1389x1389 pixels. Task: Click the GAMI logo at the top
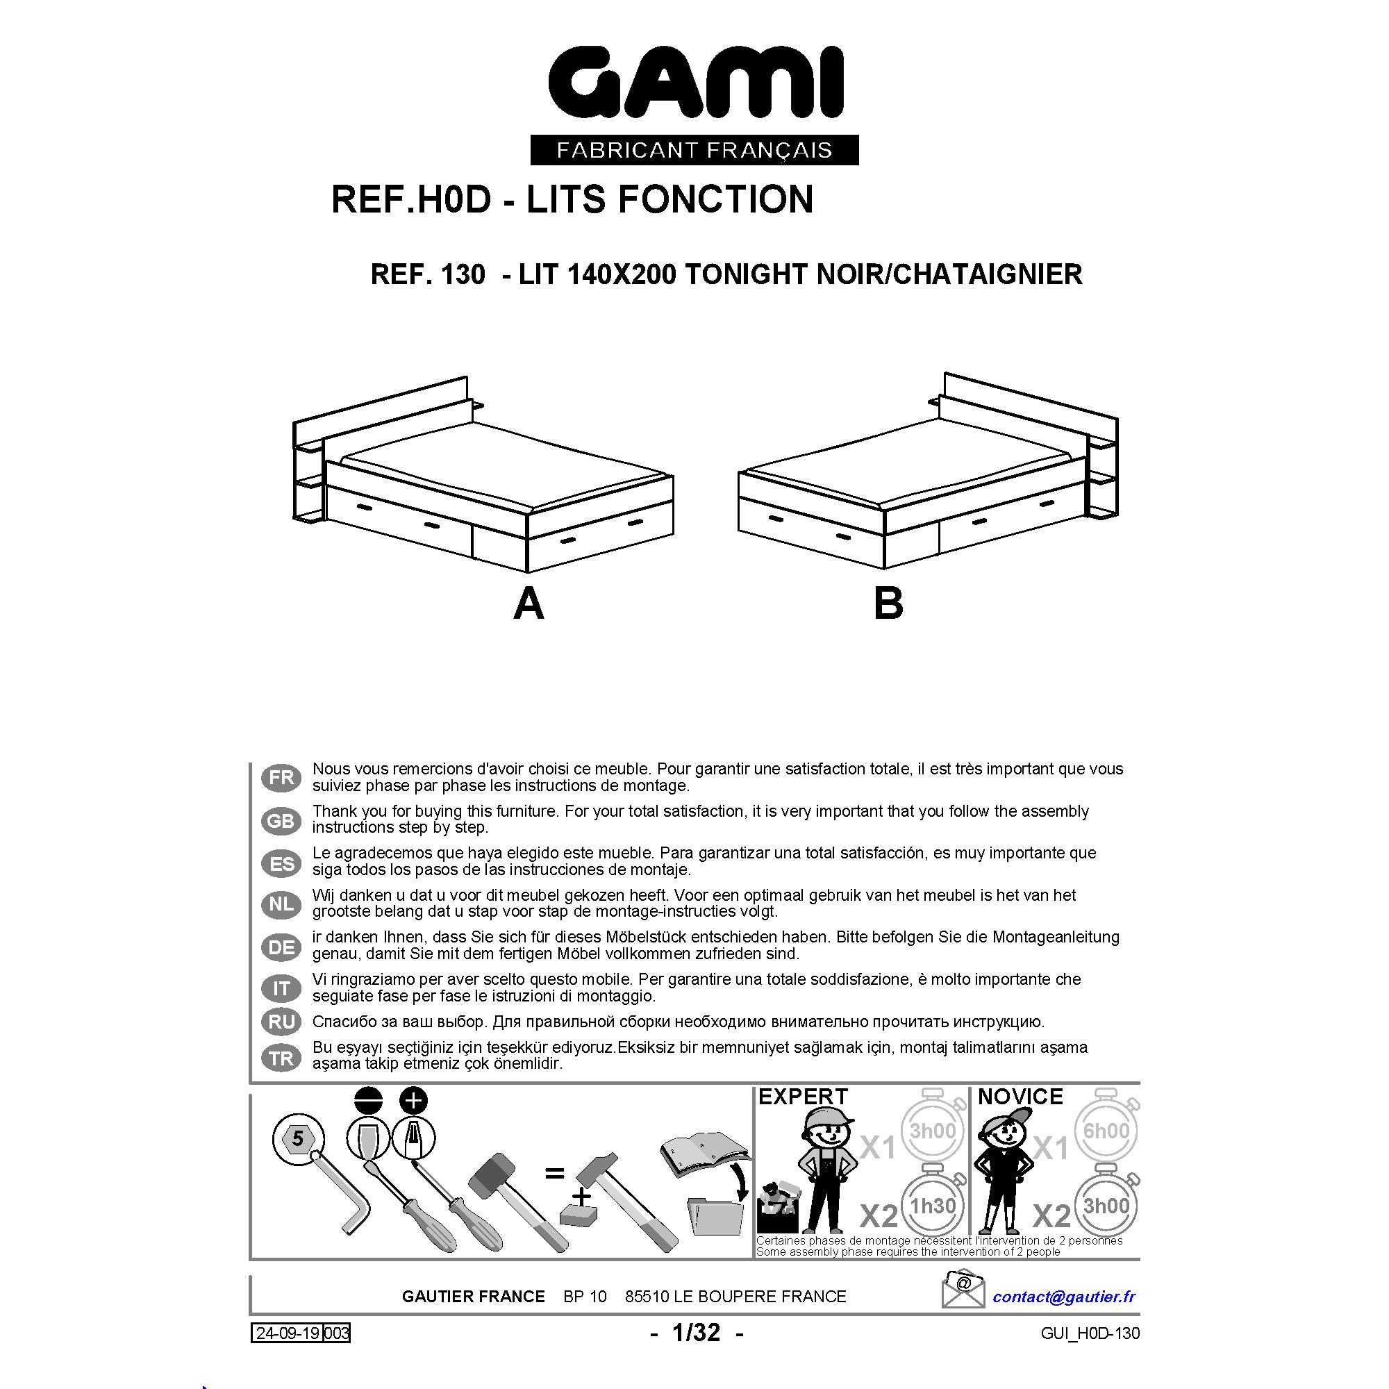coord(695,83)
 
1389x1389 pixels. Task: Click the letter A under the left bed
coord(529,604)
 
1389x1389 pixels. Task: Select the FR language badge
coord(281,777)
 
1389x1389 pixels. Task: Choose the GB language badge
coord(281,820)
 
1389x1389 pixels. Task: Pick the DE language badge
coord(281,947)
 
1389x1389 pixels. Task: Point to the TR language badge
coord(281,1058)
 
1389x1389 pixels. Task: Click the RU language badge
coord(281,1021)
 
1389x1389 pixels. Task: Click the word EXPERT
coord(803,1097)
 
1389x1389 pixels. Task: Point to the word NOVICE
coord(1020,1097)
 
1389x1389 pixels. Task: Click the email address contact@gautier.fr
coord(1064,1296)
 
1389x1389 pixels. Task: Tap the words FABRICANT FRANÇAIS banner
coord(694,149)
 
